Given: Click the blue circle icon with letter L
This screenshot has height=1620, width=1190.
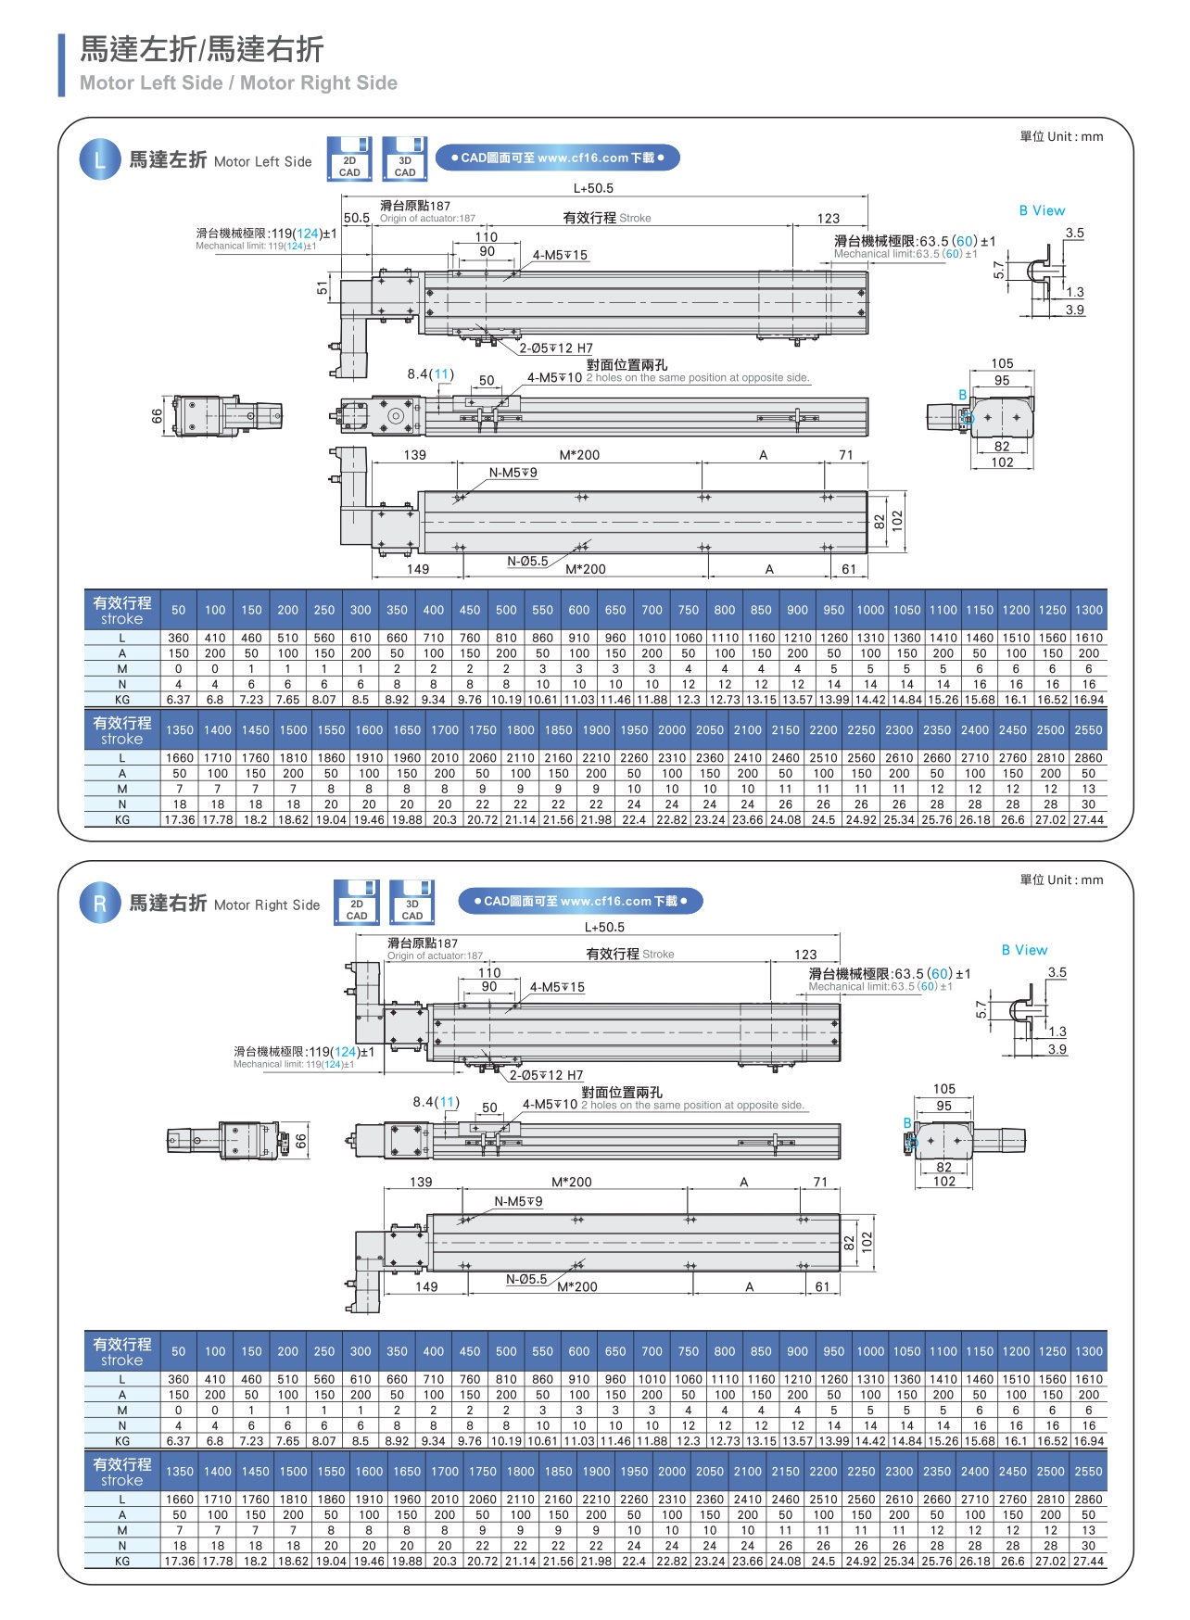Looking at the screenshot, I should point(100,159).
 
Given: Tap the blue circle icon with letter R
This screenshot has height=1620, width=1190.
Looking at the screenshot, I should point(100,904).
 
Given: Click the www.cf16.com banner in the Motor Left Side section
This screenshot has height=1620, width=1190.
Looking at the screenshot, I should point(557,158).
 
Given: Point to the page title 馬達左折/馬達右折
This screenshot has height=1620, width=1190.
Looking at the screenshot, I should point(201,48).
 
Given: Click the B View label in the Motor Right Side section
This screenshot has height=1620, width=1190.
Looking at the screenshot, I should point(1024,950).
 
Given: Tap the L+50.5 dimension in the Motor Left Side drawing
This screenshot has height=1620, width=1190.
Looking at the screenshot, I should point(593,188).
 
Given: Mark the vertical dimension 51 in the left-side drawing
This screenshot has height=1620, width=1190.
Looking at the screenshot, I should point(323,288).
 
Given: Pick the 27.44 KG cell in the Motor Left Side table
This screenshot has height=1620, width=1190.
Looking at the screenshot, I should point(1088,819).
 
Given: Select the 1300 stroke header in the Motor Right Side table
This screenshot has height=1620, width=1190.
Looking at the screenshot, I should point(1089,1351).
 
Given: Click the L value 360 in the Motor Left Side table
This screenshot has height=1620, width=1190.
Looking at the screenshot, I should point(179,638).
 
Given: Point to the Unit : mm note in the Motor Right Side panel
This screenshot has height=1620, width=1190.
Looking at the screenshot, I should point(1061,880).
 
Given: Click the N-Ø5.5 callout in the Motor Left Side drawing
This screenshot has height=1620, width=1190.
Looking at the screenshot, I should point(527,561).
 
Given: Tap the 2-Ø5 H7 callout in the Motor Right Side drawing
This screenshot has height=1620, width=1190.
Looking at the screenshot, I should point(546,1075).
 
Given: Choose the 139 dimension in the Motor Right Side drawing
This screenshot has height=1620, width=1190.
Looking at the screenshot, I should point(421,1182).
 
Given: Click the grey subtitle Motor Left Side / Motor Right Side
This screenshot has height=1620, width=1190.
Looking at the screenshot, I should point(238,82).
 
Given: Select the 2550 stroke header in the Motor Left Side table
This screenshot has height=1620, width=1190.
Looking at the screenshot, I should point(1088,730).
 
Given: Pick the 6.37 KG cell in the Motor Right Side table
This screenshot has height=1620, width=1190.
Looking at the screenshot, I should point(179,1441).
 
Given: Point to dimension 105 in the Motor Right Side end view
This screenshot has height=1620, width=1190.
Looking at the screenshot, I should point(944,1089).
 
